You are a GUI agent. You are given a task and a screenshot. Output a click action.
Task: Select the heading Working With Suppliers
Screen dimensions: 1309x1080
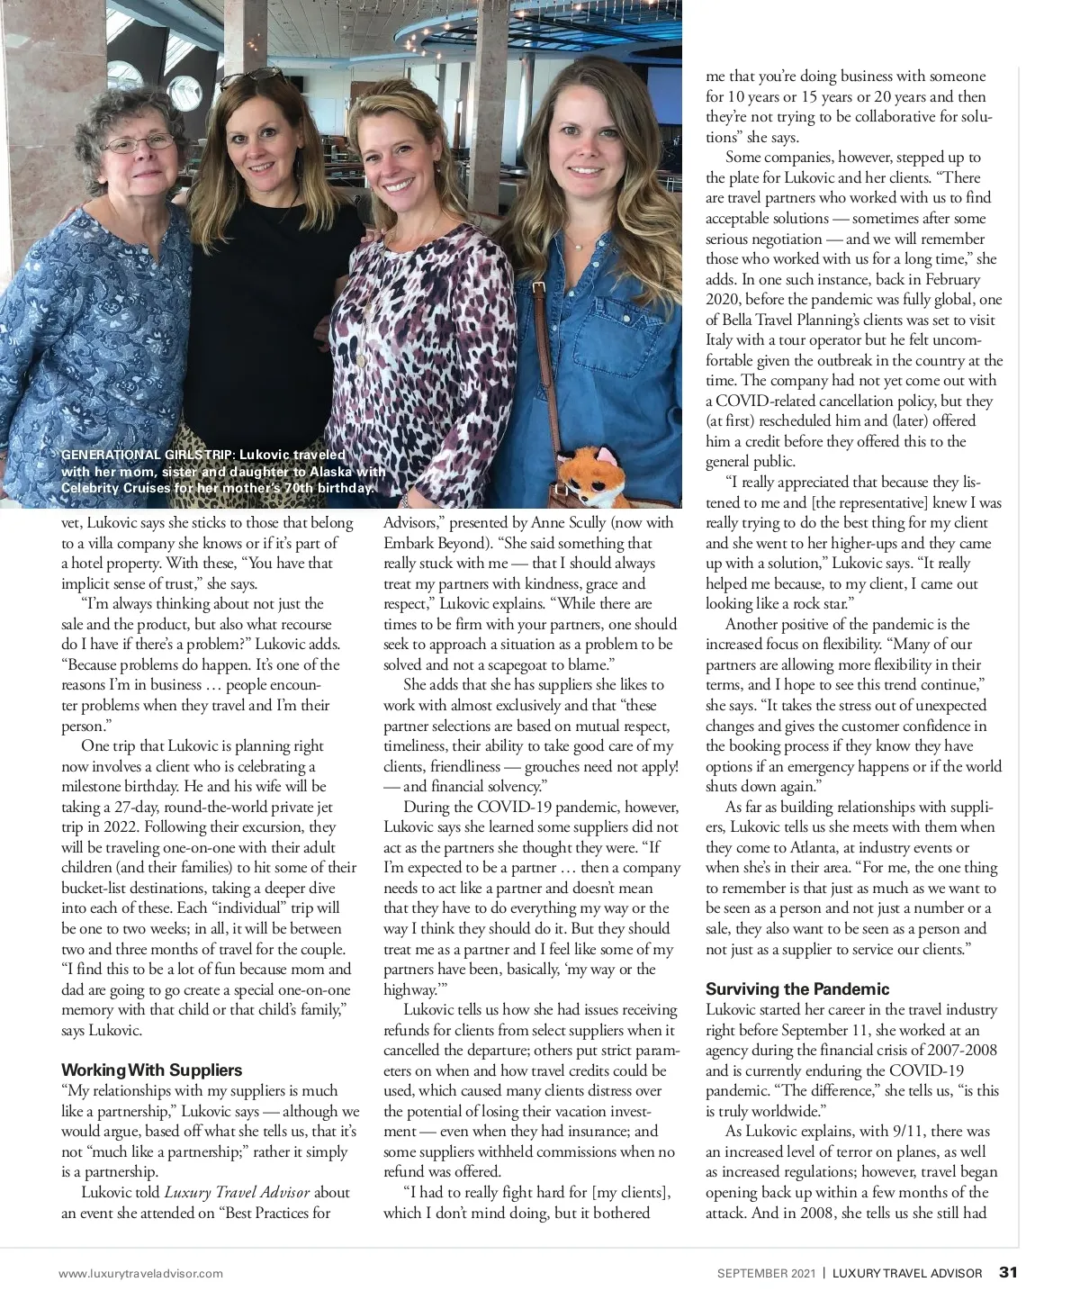coord(151,1070)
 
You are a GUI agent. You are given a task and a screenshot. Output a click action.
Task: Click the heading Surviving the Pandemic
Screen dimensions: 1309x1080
coord(797,989)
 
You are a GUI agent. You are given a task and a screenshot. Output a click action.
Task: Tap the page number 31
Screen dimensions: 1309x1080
coord(1008,1273)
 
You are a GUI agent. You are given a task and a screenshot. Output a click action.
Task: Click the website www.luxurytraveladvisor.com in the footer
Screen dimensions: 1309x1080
coord(141,1274)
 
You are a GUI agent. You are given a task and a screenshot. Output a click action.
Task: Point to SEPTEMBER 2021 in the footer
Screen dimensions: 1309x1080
coord(766,1274)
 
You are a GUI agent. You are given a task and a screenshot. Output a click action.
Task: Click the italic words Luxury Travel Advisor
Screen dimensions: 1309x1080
coord(237,1193)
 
